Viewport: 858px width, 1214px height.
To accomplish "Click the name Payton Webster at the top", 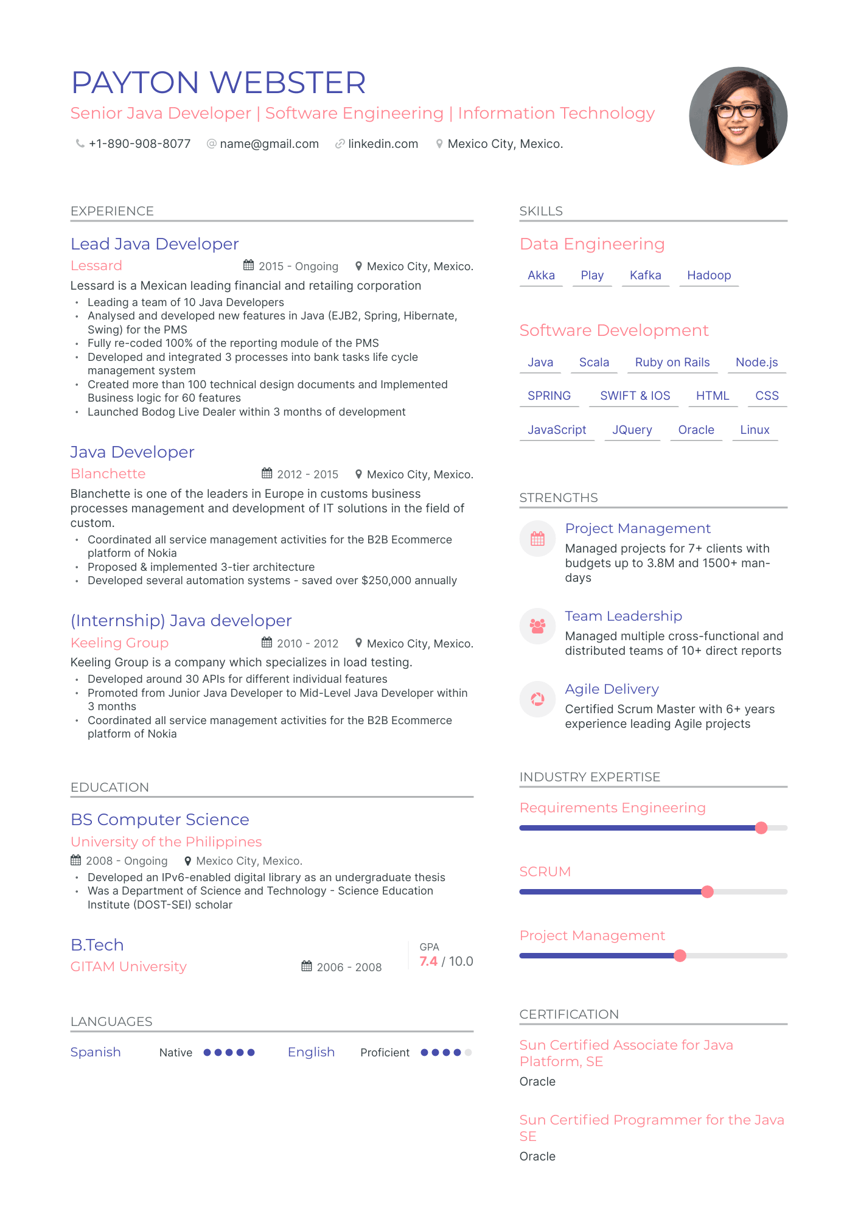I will point(218,83).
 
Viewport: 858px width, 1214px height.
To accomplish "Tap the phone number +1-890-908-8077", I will point(139,144).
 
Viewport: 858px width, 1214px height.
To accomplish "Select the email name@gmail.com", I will point(269,144).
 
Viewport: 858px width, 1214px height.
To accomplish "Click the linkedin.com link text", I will point(383,144).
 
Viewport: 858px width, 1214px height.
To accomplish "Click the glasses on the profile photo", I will point(738,111).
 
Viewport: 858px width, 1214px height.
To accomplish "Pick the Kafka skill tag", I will point(645,275).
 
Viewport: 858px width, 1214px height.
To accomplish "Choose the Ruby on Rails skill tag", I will point(672,362).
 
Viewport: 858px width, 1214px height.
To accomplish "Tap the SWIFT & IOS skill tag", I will point(635,396).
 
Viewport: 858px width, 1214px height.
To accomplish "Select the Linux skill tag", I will point(755,430).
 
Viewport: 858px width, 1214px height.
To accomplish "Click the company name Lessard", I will point(96,266).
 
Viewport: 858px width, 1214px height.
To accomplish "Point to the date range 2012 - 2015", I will point(307,474).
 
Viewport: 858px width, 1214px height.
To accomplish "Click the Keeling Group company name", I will point(119,643).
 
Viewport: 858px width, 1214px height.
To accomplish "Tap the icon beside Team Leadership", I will point(537,626).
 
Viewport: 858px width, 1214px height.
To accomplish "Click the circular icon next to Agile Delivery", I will point(537,699).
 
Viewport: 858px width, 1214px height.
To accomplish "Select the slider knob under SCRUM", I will point(707,891).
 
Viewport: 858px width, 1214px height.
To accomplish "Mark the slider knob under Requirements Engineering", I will point(761,828).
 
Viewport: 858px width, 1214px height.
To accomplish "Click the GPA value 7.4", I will point(428,961).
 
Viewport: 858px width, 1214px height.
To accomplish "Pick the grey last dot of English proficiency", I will point(468,1052).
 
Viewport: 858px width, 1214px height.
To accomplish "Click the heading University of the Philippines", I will point(166,842).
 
